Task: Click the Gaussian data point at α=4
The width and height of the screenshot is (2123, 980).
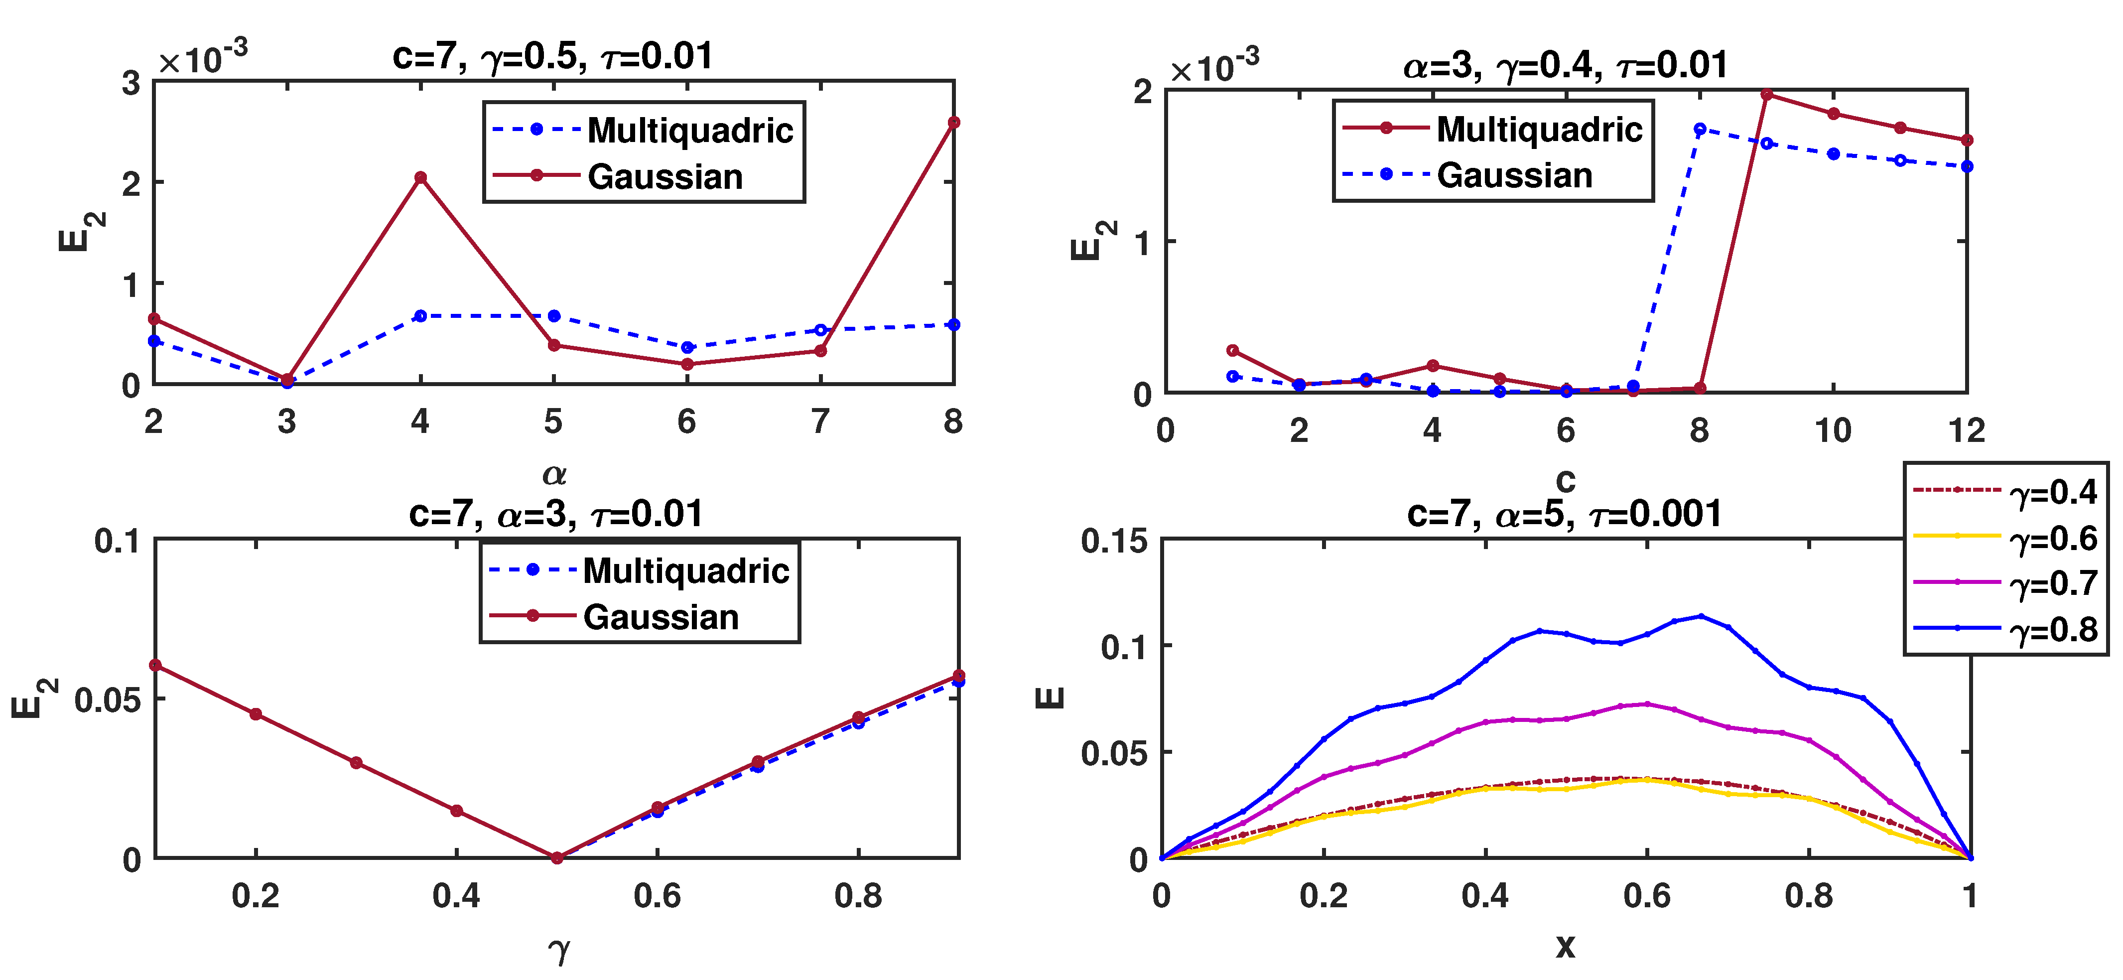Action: tap(420, 177)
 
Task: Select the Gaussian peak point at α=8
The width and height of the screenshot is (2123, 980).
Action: tap(953, 122)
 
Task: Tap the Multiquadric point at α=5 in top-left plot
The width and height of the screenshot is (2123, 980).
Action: tap(554, 316)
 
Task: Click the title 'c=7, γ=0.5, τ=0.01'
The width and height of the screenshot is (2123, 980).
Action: tap(552, 56)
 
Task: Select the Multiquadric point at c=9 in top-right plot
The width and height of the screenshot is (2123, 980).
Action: tap(1766, 95)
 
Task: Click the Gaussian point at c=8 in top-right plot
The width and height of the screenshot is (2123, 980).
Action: tap(1700, 130)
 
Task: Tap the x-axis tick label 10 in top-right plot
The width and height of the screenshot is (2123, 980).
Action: tap(1833, 430)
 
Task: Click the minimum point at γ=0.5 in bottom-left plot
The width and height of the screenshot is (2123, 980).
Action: tap(556, 858)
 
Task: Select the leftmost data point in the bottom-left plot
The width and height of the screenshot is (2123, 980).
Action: tap(156, 665)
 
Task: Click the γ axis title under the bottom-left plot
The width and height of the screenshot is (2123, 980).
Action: tap(558, 950)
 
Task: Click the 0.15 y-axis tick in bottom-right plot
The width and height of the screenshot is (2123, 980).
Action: tap(1113, 541)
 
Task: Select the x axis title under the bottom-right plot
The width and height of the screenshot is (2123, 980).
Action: tap(1564, 946)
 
